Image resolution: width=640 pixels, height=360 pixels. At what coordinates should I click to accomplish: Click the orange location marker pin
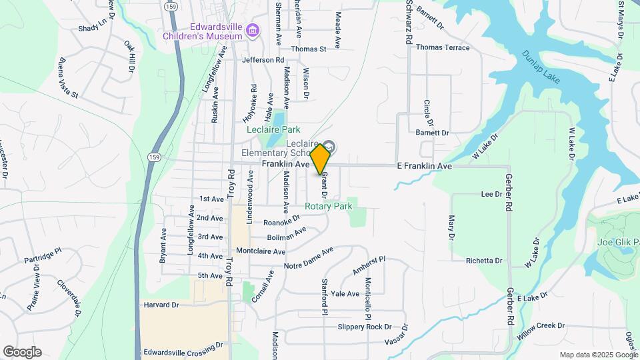tap(321, 159)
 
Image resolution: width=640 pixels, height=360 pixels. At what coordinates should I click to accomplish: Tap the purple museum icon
tap(252, 31)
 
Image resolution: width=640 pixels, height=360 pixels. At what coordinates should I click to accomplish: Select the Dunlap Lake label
tap(541, 67)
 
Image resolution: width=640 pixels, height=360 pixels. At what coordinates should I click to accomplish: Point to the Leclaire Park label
tap(273, 129)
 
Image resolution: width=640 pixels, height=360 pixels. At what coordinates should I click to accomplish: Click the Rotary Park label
tap(328, 207)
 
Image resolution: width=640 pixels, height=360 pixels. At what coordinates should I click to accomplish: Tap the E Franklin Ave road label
tap(425, 165)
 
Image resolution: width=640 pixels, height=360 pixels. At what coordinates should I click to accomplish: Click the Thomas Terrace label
tap(443, 48)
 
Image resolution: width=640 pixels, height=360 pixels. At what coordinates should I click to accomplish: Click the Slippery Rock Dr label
tap(364, 327)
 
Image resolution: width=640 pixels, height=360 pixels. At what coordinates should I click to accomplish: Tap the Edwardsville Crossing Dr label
tap(183, 347)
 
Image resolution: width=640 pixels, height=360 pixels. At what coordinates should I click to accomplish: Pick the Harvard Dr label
tap(161, 305)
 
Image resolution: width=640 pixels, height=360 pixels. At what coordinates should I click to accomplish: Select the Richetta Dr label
tap(484, 261)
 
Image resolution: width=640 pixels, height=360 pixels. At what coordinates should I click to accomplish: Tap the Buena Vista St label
tap(69, 77)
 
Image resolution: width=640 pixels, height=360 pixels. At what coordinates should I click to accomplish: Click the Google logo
tap(22, 352)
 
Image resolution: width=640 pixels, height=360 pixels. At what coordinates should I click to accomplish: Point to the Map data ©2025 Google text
tap(597, 355)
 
